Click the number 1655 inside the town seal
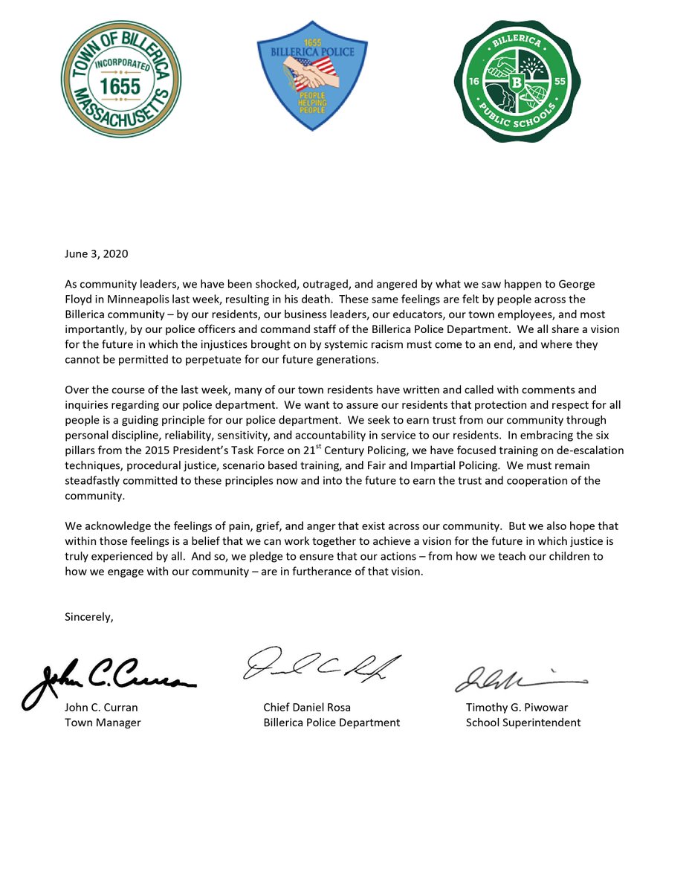click(x=120, y=86)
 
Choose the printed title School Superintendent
click(x=523, y=722)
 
